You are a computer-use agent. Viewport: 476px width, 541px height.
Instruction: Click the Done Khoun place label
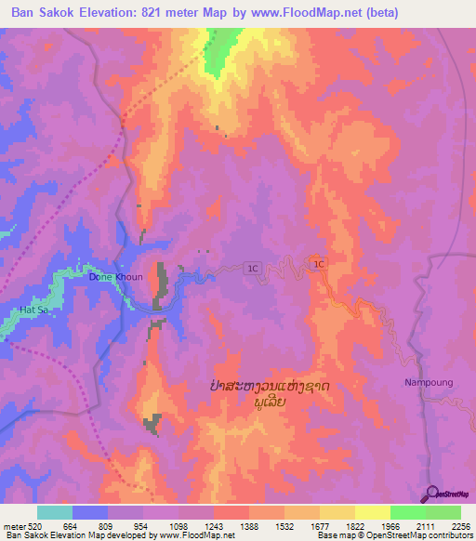tap(115, 277)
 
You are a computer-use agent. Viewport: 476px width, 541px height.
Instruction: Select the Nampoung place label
tap(427, 382)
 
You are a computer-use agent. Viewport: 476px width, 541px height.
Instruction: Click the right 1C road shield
tap(320, 265)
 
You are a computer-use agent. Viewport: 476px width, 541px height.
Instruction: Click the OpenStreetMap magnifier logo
tap(432, 493)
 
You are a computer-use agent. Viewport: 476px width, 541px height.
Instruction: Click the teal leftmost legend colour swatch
tap(54, 512)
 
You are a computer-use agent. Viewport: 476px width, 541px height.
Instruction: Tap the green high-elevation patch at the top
tap(219, 51)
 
